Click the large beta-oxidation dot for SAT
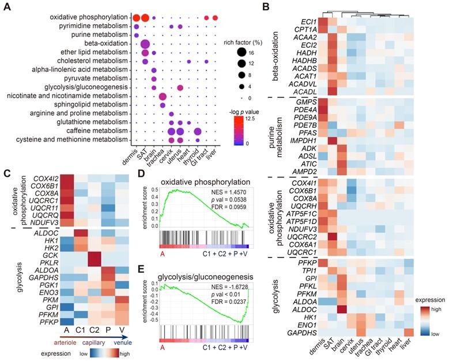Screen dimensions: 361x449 click(145, 45)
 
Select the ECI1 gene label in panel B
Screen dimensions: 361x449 click(308, 21)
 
